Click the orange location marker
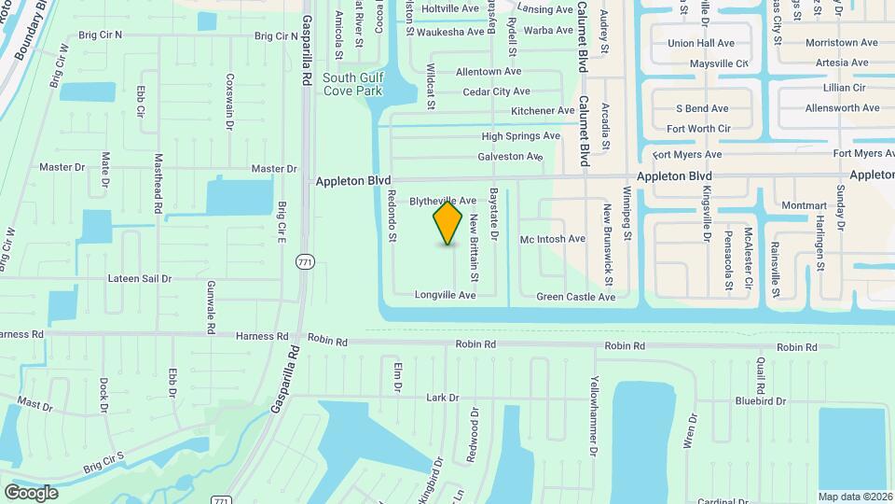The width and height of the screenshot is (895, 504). [x=448, y=223]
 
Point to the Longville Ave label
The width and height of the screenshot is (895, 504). [x=446, y=295]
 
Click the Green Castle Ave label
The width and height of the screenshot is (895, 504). [x=576, y=297]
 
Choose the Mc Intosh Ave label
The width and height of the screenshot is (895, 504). [x=553, y=239]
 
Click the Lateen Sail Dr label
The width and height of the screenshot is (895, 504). [x=140, y=278]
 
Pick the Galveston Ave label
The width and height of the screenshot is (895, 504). [x=510, y=157]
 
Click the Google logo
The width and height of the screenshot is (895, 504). [x=31, y=492]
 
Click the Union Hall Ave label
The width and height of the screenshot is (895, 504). [x=701, y=43]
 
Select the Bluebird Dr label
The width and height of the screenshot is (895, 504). [x=760, y=401]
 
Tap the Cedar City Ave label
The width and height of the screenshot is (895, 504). [x=497, y=91]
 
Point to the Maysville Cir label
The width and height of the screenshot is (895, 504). [x=719, y=63]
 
